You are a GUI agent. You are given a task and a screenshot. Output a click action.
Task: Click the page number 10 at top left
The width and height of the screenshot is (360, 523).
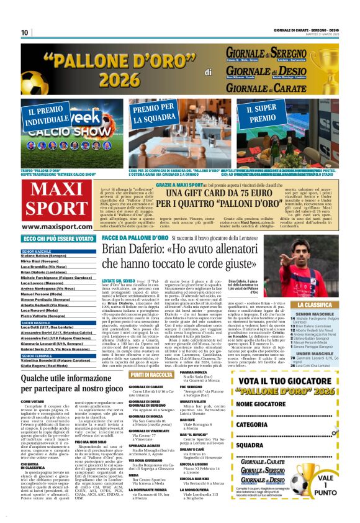point(24,32)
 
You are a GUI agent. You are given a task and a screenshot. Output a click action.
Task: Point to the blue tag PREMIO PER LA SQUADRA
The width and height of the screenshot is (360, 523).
point(152,114)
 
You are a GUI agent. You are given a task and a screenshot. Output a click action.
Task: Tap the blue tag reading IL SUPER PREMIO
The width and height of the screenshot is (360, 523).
point(263,114)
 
